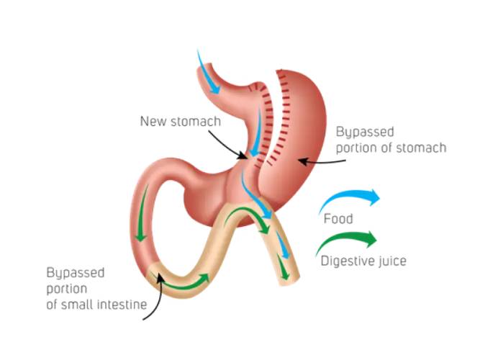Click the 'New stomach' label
(x=180, y=121)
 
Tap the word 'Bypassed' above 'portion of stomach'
(x=365, y=132)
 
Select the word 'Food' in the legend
(x=338, y=219)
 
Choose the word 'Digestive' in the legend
(x=341, y=261)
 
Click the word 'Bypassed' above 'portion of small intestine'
(x=76, y=274)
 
